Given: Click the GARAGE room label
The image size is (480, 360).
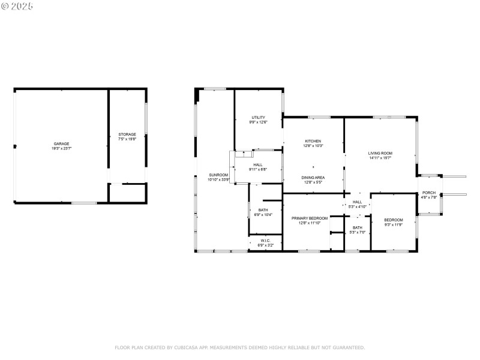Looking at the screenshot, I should tap(61, 144).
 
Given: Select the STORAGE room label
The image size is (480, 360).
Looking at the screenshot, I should tap(127, 134).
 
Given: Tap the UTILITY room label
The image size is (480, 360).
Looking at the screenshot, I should tap(258, 118).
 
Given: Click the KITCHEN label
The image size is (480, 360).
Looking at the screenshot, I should tap(313, 141).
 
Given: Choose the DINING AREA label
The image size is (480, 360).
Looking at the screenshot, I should tap(313, 178).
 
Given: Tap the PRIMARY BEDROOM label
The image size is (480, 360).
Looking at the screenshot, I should tap(310, 218).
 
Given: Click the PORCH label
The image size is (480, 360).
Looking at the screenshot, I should tap(429, 193).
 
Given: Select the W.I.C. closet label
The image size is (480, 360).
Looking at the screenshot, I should tap(265, 241).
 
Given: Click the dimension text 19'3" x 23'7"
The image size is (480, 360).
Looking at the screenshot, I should tap(61, 148).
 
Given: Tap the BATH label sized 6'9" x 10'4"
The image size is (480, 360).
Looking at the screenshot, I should tap(263, 210).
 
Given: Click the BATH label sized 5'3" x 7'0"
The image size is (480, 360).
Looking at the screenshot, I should tap(358, 227).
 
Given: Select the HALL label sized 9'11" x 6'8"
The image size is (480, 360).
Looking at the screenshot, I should tap(258, 165).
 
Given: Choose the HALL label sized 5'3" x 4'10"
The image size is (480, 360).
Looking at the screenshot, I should tap(358, 202).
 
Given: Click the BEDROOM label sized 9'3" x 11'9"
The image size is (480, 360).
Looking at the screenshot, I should tap(394, 220).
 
